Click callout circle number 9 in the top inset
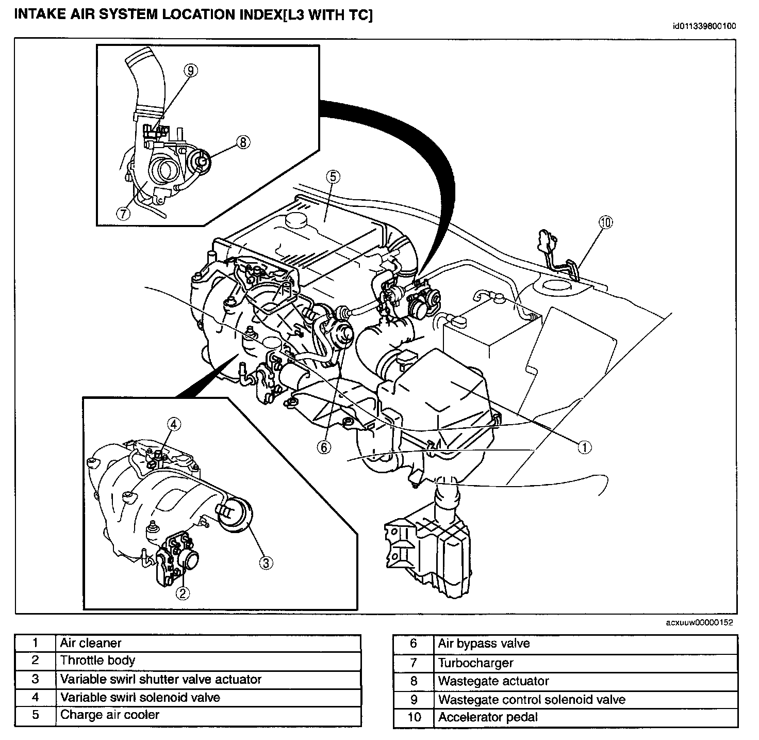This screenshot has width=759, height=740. pos(190,71)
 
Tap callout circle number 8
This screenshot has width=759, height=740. pos(243,142)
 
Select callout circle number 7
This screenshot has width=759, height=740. pos(123,213)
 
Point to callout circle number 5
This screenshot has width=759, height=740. pos(333,177)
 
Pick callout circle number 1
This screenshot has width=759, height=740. pos(584,447)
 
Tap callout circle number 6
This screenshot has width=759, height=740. pos(324,447)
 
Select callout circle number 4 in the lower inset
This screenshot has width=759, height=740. pos(174,424)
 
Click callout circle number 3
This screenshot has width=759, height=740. pos(265,562)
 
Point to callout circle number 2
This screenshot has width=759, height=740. pos(183,593)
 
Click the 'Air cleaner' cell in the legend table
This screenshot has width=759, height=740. pos(207,643)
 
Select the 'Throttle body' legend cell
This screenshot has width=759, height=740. pos(207,661)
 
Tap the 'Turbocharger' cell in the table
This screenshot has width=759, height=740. pos(585,663)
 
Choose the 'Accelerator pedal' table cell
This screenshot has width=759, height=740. pos(585,717)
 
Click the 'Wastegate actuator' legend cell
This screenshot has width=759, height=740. pos(585,681)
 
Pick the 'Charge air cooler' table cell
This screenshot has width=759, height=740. pos(207,715)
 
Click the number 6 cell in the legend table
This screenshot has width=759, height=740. pos(413,644)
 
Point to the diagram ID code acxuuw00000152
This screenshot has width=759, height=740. pos(699,623)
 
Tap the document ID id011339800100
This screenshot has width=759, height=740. pos(704,26)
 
